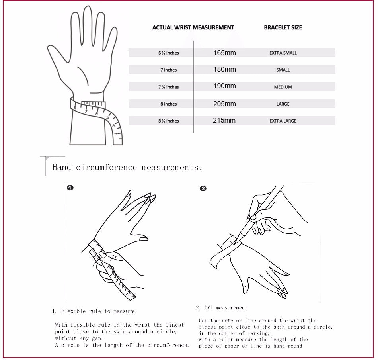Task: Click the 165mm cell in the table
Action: tap(224, 53)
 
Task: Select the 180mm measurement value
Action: tap(224, 69)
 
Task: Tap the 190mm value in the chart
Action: tap(224, 86)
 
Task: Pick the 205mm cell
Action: tap(224, 104)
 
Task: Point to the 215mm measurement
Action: tap(224, 120)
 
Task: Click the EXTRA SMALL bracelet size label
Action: tap(283, 53)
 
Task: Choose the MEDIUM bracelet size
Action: tap(283, 87)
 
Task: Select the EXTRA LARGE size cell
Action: tap(283, 121)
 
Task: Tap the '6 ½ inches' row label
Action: tap(169, 53)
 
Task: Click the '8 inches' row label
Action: tap(169, 104)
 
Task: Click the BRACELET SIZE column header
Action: tap(283, 27)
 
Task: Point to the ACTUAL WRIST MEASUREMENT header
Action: tap(193, 27)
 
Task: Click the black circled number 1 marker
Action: tap(70, 188)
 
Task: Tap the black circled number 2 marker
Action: tap(203, 188)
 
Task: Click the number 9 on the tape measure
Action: tap(107, 118)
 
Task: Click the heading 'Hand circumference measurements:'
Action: tap(127, 167)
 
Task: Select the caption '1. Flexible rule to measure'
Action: tap(94, 311)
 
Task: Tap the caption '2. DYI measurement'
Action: tap(222, 308)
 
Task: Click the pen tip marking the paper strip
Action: tap(235, 243)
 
